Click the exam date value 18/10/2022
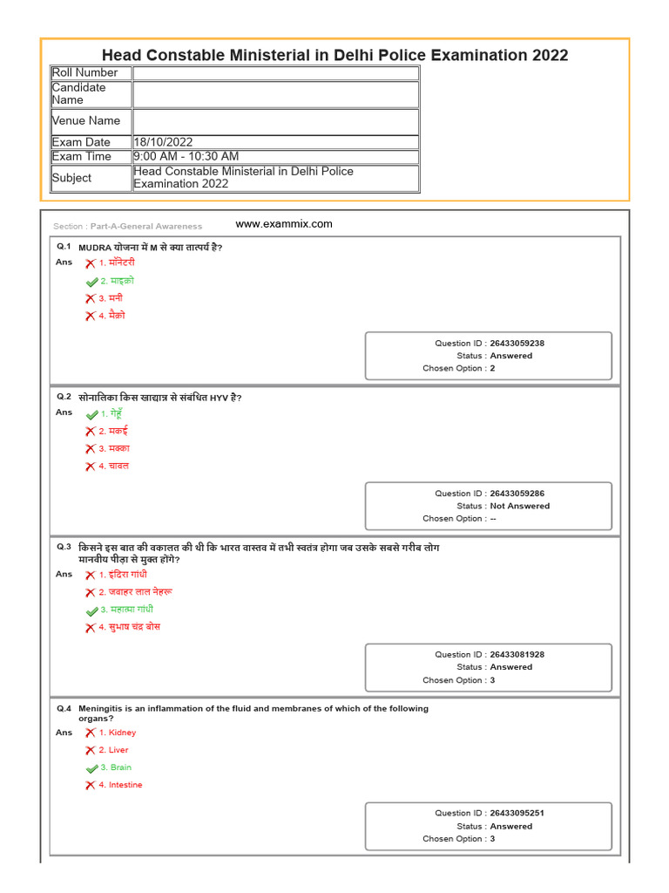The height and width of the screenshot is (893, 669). (163, 142)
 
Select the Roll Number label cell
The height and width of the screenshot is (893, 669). (84, 72)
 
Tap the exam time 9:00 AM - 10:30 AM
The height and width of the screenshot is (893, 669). (186, 156)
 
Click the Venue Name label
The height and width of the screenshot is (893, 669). (86, 120)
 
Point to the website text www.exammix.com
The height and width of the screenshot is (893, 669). (284, 224)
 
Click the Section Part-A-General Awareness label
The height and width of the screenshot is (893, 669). (127, 226)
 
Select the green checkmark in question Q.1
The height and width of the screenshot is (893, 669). (91, 282)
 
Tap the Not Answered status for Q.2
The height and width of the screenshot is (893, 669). (519, 506)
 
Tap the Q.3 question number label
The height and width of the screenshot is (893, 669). (64, 547)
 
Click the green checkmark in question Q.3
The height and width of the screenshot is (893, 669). (91, 610)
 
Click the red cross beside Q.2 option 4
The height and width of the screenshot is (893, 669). (90, 467)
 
